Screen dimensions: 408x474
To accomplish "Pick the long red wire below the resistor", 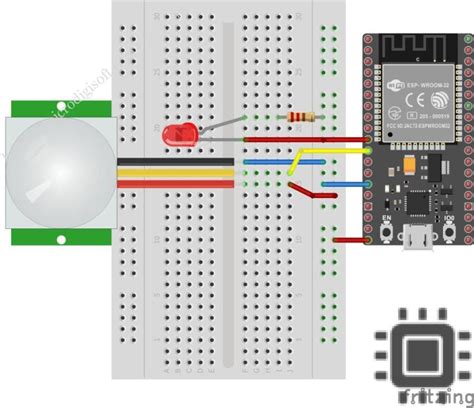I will (x=300, y=140).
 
